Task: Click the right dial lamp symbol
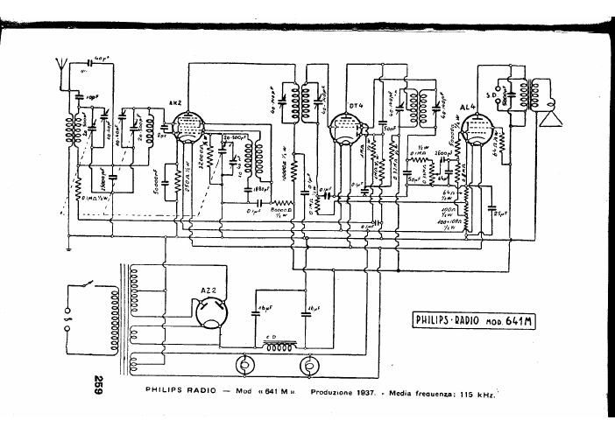tap(309, 363)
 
